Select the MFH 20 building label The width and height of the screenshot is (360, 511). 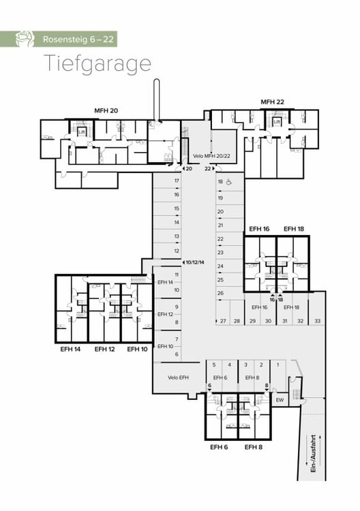(106, 110)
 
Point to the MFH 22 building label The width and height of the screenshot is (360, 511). (273, 102)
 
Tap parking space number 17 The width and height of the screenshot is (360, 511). (177, 181)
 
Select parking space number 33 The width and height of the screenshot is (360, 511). (317, 321)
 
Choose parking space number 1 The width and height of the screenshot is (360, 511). (277, 365)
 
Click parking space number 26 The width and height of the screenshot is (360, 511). (220, 294)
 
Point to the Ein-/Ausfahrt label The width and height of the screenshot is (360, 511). (314, 454)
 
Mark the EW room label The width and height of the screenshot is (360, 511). (279, 399)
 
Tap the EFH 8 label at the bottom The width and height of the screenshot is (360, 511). (253, 447)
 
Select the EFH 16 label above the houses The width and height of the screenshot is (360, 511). (258, 229)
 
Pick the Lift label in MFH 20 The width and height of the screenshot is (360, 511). (80, 132)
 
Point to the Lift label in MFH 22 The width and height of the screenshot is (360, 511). (277, 123)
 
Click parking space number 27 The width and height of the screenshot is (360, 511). (223, 321)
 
